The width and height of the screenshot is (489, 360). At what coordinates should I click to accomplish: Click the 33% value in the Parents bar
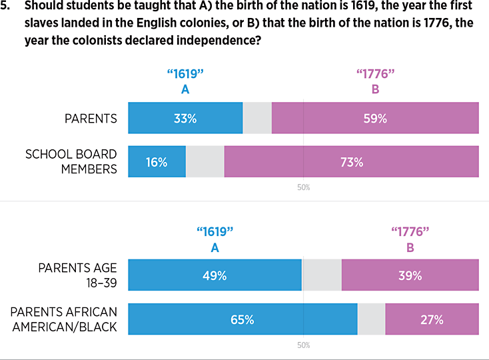tap(185, 119)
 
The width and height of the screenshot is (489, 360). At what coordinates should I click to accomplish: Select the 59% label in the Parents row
tap(375, 119)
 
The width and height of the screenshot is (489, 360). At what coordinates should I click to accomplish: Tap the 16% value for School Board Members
tap(157, 162)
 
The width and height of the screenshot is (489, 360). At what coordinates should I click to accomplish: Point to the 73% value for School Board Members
tap(351, 162)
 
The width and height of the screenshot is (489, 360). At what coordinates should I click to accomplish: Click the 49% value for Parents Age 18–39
tap(215, 275)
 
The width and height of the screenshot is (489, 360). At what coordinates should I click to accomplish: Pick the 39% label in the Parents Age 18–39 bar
tap(410, 275)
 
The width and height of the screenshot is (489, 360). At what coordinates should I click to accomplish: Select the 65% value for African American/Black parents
tap(243, 319)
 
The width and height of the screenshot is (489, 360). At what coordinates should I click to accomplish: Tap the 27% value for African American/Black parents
tap(432, 319)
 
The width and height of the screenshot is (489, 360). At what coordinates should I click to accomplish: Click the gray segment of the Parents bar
tap(257, 118)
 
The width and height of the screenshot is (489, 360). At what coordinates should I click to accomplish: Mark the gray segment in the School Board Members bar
tap(205, 162)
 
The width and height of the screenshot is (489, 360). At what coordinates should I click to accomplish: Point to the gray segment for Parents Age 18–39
tap(322, 275)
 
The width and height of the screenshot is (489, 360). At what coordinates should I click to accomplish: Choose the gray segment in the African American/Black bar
tap(371, 319)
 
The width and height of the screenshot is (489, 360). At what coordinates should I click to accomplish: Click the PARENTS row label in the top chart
tap(91, 119)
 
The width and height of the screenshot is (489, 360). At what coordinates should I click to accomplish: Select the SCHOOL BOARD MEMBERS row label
tap(71, 161)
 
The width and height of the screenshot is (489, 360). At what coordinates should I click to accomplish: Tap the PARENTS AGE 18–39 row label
tap(77, 275)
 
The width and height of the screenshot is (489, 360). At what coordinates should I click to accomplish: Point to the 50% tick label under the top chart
tap(303, 187)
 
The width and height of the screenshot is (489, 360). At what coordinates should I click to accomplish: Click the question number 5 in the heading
tap(6, 6)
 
